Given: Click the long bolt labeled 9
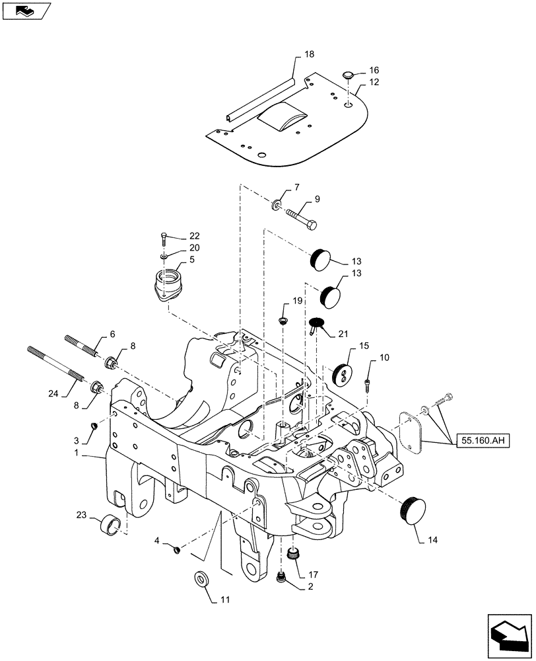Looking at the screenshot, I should (x=301, y=217).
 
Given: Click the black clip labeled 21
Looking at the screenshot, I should (x=316, y=324).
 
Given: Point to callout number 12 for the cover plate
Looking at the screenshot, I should (x=374, y=83).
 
